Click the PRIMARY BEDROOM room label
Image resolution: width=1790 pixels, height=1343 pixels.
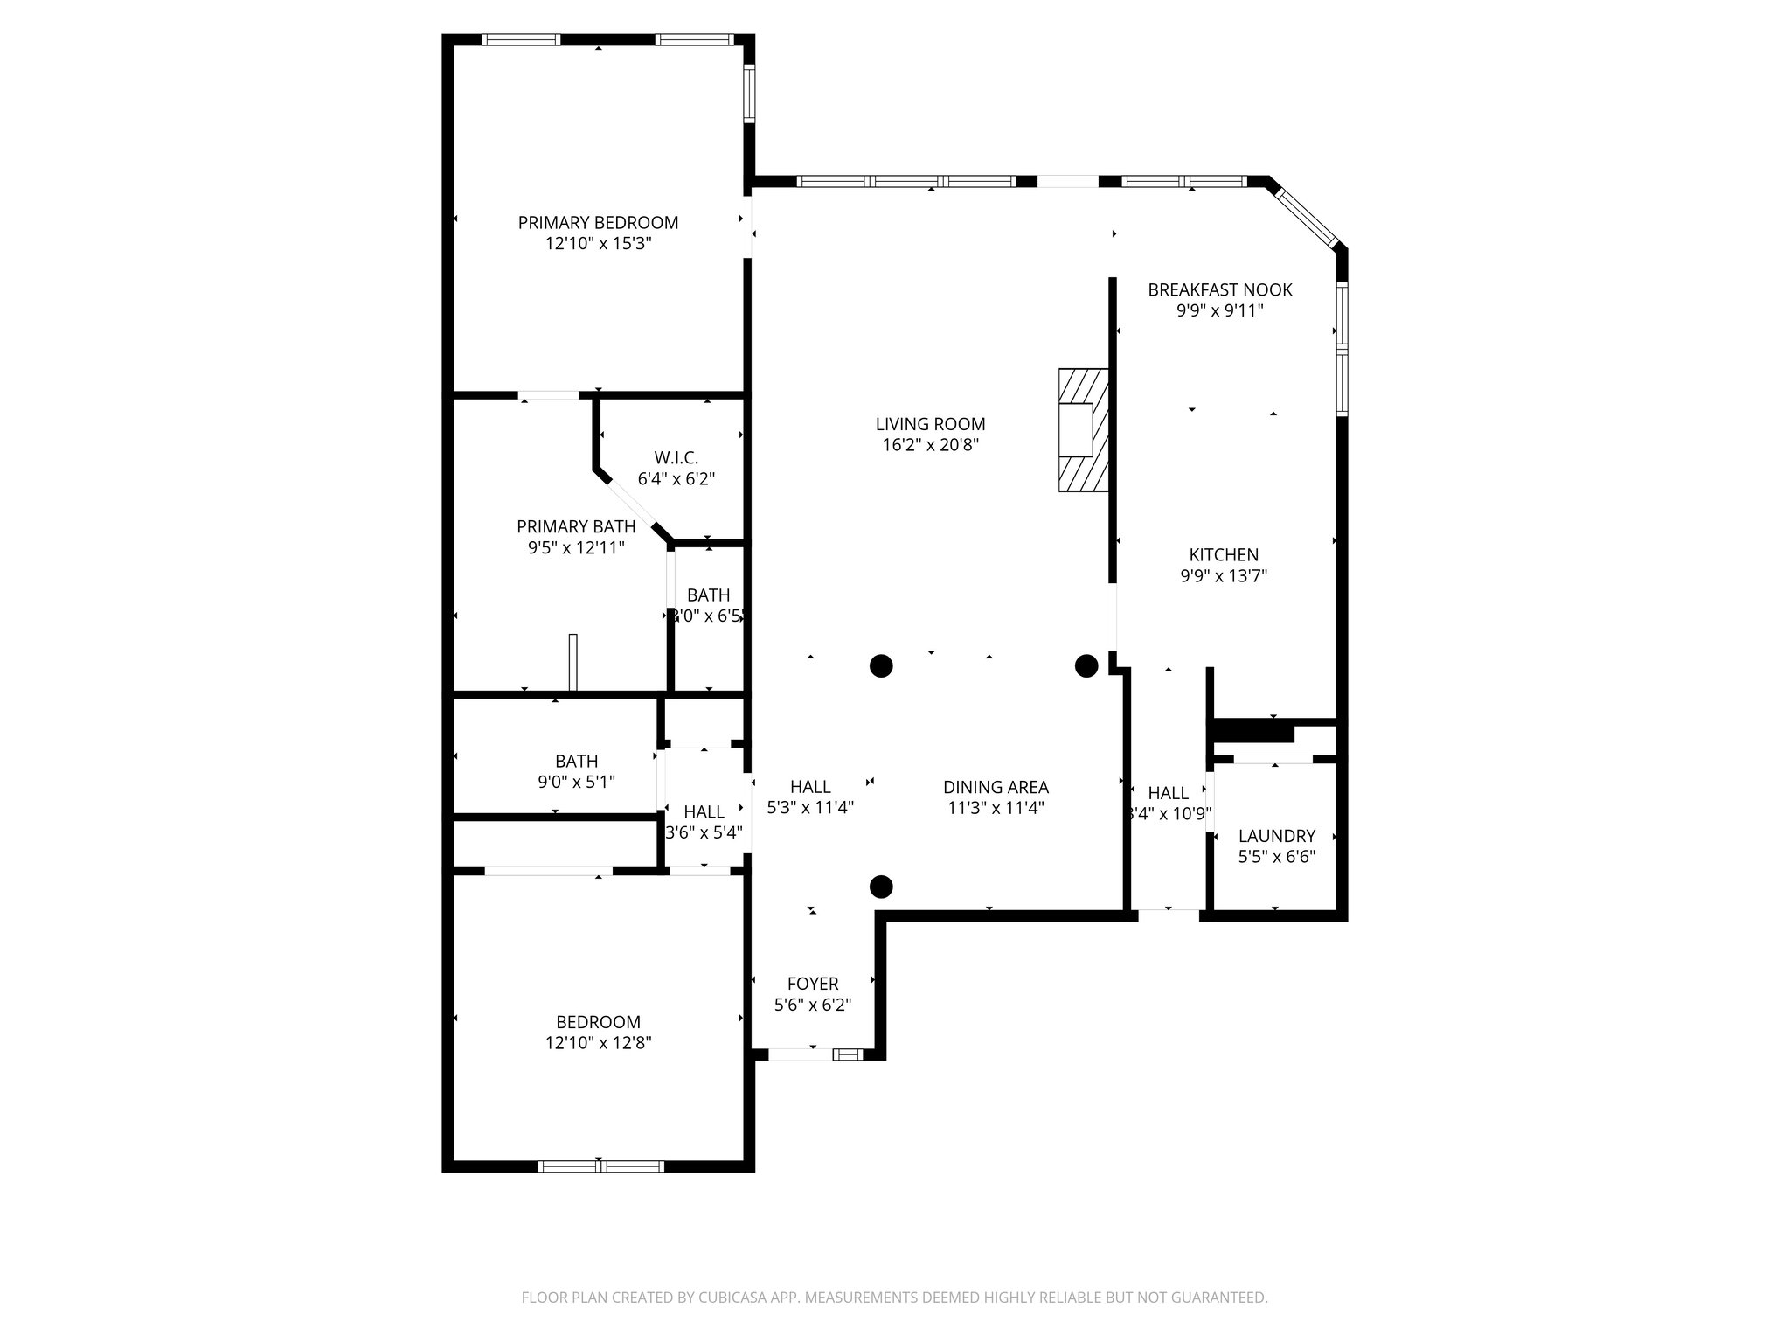pyautogui.click(x=598, y=223)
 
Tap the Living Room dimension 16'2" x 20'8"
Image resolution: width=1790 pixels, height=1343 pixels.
pyautogui.click(x=930, y=445)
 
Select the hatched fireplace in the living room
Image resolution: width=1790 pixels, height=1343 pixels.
pyautogui.click(x=1083, y=430)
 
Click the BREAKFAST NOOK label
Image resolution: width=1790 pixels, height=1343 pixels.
pyautogui.click(x=1219, y=289)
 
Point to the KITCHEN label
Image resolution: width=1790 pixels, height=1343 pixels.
pyautogui.click(x=1224, y=555)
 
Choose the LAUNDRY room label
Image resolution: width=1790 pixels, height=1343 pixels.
pyautogui.click(x=1276, y=836)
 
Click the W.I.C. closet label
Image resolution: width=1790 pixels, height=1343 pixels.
pyautogui.click(x=676, y=458)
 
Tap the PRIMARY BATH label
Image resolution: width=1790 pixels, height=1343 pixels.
pyautogui.click(x=576, y=527)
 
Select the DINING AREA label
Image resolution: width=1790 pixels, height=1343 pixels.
pyautogui.click(x=996, y=787)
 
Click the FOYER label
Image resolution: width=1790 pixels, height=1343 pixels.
pyautogui.click(x=813, y=984)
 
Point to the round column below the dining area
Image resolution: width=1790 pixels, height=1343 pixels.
pyautogui.click(x=881, y=887)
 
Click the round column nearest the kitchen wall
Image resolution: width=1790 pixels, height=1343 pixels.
pyautogui.click(x=1086, y=666)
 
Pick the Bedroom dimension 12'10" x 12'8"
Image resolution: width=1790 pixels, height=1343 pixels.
pyautogui.click(x=598, y=1043)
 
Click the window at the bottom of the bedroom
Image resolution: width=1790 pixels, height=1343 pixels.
pyautogui.click(x=600, y=1166)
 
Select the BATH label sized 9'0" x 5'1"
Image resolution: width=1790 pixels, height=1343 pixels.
pyautogui.click(x=576, y=762)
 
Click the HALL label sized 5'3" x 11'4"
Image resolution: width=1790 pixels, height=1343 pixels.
pyautogui.click(x=810, y=787)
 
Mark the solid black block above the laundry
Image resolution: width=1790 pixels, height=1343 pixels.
pyautogui.click(x=1251, y=730)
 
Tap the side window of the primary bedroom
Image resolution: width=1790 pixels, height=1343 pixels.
pyautogui.click(x=749, y=93)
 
